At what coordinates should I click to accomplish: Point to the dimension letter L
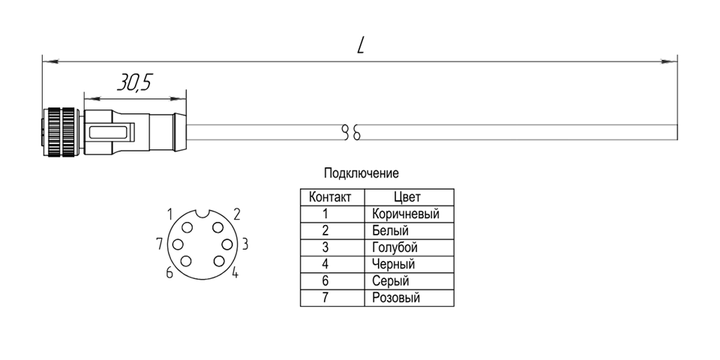tap(361, 46)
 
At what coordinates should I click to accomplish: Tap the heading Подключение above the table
tap(361, 173)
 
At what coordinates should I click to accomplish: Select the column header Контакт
tap(330, 198)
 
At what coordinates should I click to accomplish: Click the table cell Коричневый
tap(405, 214)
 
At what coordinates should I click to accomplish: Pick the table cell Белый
tap(388, 231)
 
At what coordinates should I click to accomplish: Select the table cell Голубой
tap(394, 247)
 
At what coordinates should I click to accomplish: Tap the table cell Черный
tap(393, 264)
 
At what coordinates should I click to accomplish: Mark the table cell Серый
tap(390, 281)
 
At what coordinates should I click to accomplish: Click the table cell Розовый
tap(395, 298)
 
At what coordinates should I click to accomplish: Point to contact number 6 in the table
tap(325, 281)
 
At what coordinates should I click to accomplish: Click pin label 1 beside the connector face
tap(170, 214)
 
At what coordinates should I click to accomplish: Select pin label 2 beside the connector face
tap(236, 214)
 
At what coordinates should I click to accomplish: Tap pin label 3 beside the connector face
tap(245, 244)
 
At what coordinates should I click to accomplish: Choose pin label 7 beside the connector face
tap(159, 243)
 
